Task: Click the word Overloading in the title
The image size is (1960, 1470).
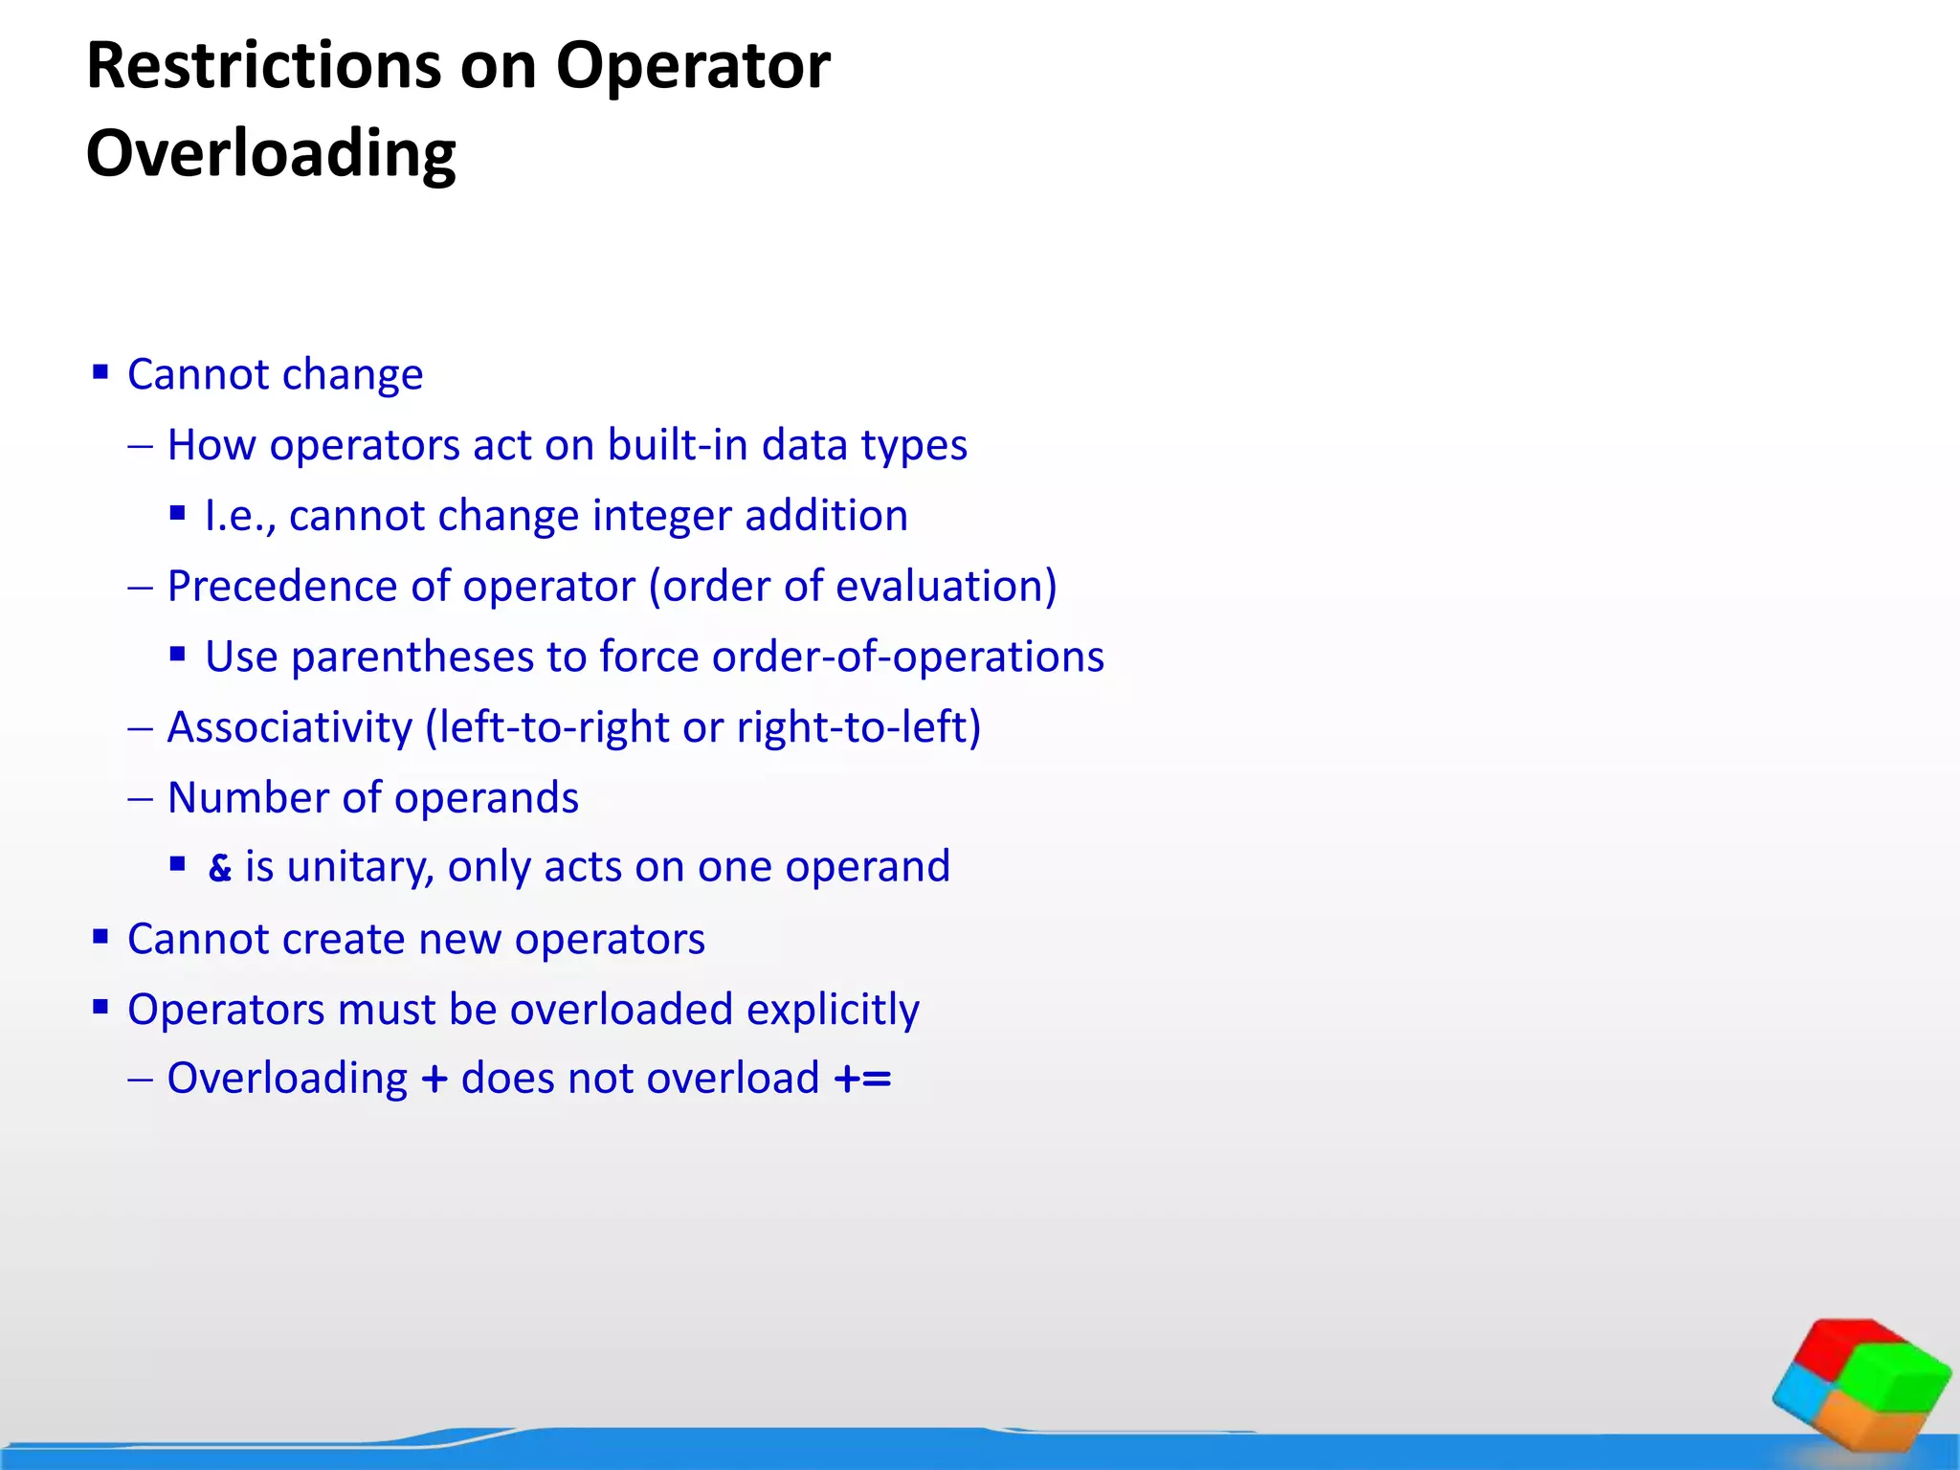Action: coord(271,154)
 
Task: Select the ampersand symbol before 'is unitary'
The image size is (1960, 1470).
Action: coord(220,868)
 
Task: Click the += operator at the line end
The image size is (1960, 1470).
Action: coord(862,1079)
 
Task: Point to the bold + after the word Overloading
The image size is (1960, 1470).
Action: coord(434,1079)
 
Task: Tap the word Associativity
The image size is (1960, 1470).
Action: coord(289,727)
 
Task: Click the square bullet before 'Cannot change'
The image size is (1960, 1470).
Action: coord(100,371)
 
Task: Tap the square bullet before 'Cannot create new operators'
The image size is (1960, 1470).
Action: coord(100,936)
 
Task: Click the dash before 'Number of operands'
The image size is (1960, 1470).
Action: coord(140,798)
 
